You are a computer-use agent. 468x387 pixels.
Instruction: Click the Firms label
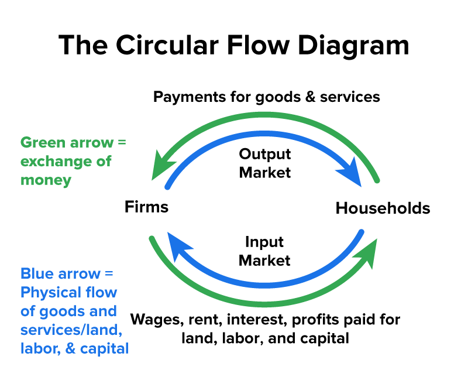coord(146,207)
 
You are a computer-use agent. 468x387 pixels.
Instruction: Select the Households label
coord(383,208)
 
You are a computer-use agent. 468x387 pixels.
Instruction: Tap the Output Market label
coord(265,163)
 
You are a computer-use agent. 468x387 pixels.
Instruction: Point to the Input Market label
coord(264,251)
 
